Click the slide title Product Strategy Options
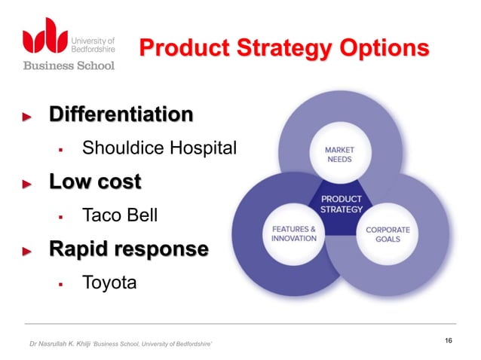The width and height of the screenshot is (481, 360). (x=284, y=50)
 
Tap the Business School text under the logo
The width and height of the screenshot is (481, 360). (x=68, y=66)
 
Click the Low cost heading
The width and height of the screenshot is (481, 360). (x=95, y=182)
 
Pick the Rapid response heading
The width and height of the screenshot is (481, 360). (x=126, y=250)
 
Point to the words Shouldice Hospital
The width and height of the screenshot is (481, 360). (x=159, y=148)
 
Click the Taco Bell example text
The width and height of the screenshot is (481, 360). (x=120, y=216)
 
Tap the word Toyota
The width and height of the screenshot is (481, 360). (x=110, y=284)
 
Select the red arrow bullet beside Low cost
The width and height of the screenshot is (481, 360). (x=27, y=185)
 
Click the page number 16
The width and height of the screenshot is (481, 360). (x=449, y=341)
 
